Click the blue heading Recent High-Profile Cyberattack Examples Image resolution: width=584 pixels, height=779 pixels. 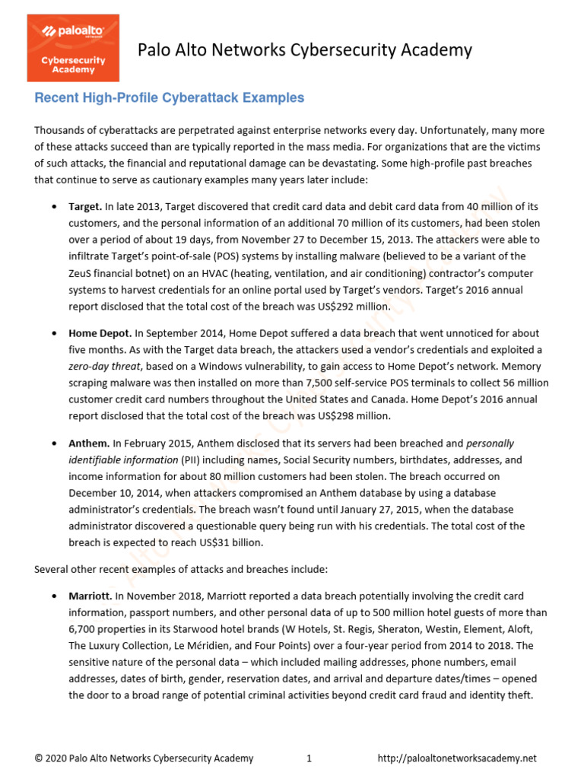169,98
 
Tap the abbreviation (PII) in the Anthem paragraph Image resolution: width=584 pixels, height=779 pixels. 192,459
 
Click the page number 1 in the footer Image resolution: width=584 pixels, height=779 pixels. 309,758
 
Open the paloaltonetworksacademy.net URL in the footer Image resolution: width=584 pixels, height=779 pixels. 457,758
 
